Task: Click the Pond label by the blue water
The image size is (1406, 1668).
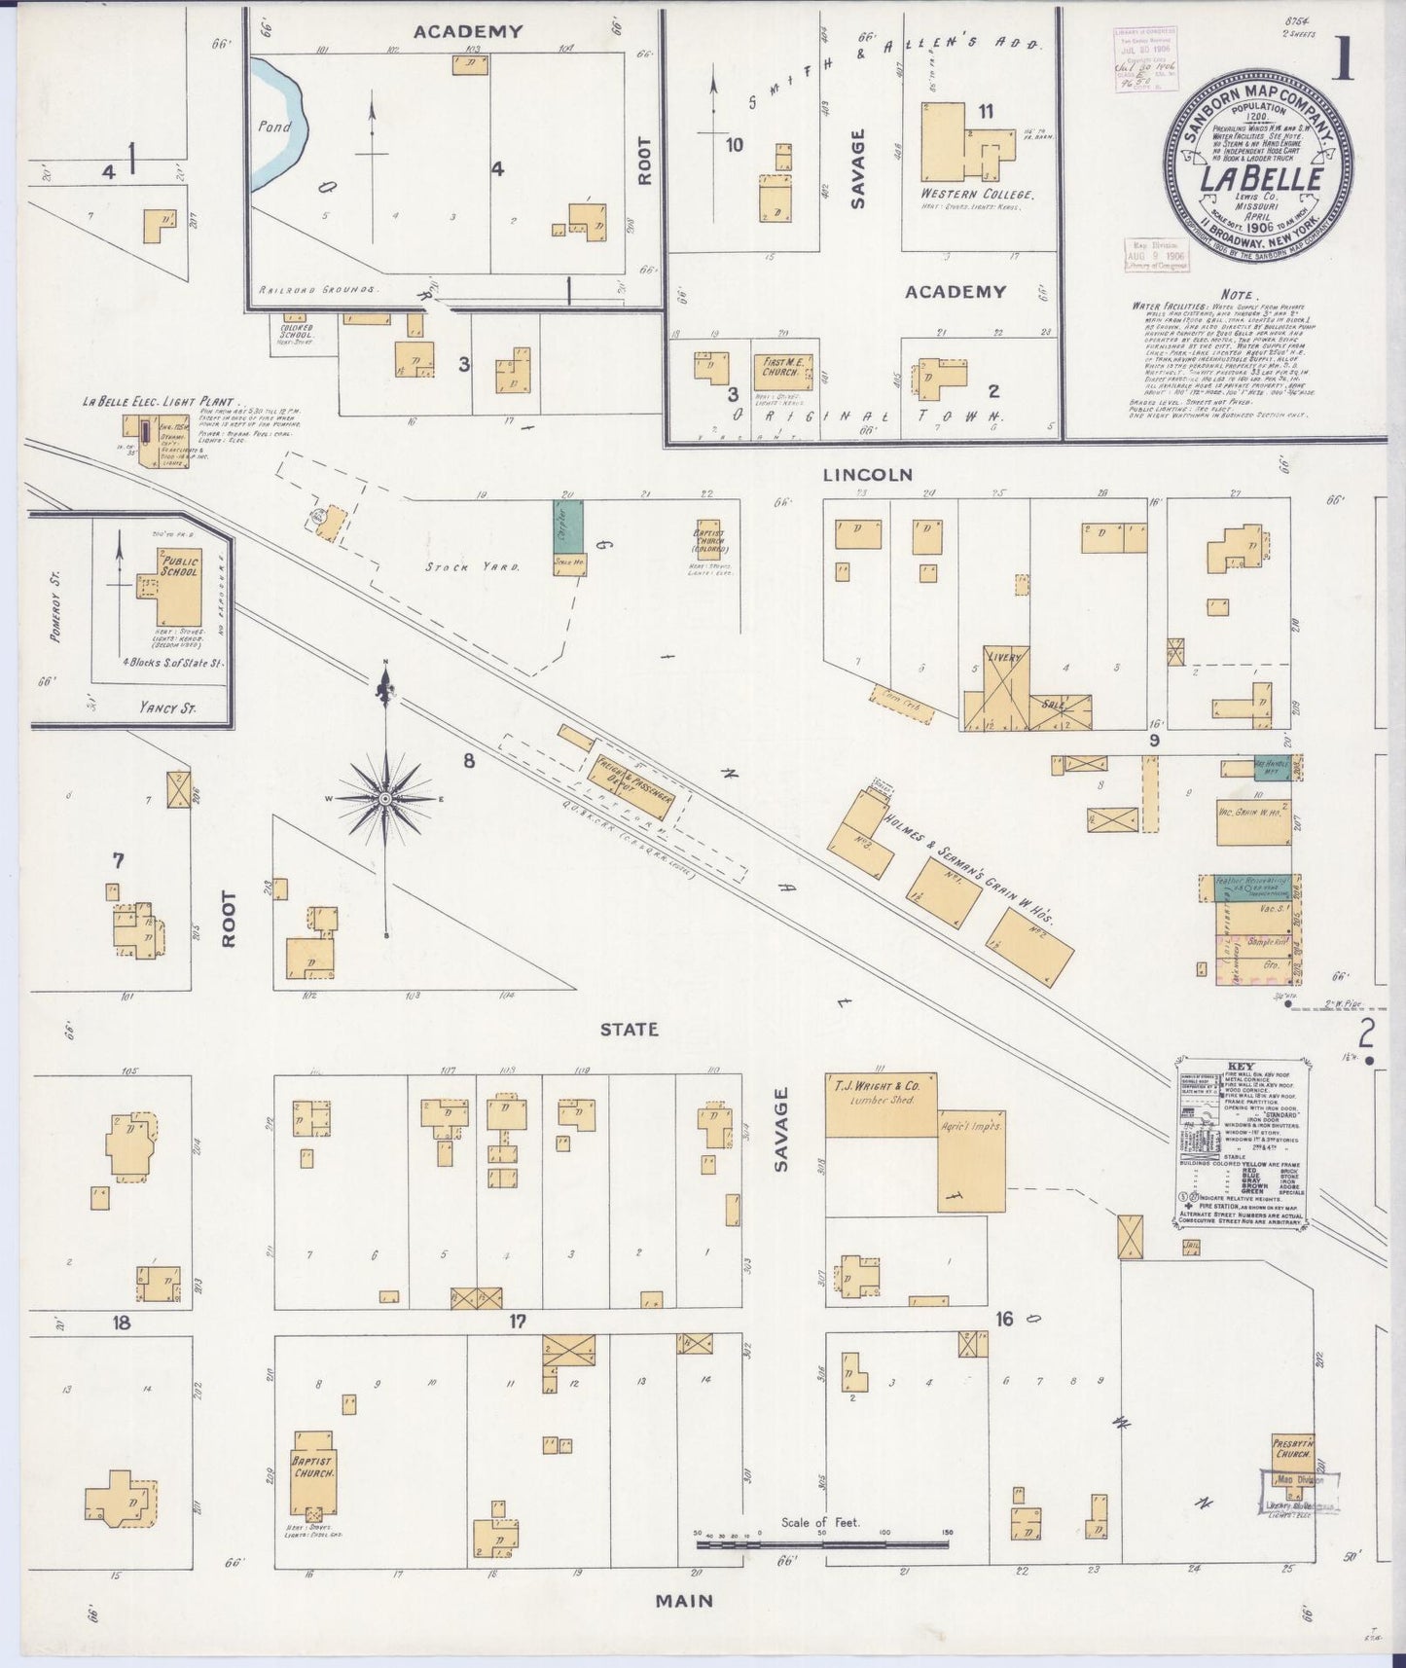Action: (268, 127)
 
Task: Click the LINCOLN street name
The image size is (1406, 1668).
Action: (867, 475)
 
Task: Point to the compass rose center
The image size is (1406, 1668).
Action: (387, 798)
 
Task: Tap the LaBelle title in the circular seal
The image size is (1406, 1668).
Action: (1260, 180)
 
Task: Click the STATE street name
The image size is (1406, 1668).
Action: (629, 1029)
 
